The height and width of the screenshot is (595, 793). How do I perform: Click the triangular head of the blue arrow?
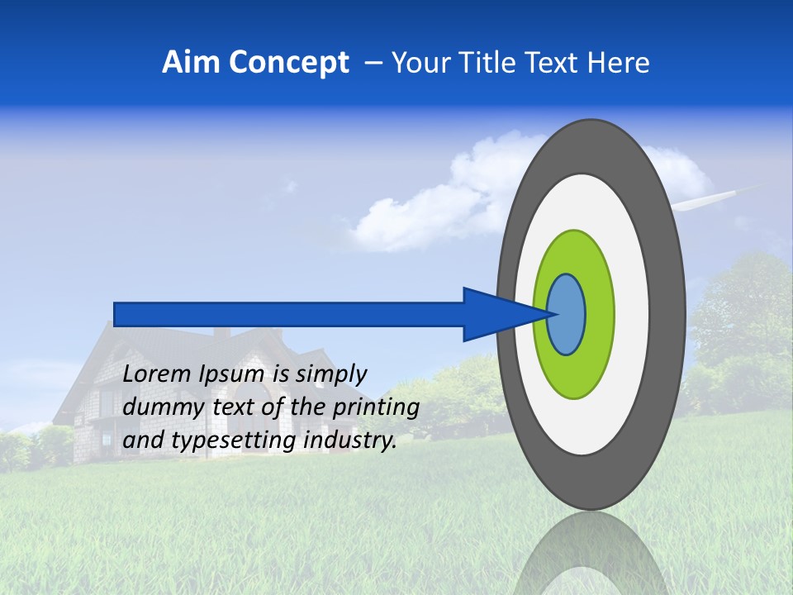(x=496, y=314)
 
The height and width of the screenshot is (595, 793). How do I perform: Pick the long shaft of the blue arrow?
(x=289, y=314)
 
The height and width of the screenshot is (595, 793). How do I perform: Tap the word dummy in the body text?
(x=159, y=407)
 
